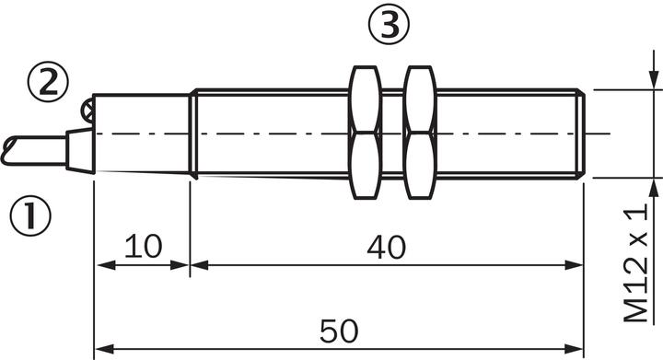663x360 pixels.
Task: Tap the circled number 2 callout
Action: (46, 83)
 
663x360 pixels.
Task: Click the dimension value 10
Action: (142, 245)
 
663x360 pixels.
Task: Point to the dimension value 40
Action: (386, 245)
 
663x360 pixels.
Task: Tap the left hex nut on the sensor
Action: (365, 134)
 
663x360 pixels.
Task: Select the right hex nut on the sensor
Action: (420, 134)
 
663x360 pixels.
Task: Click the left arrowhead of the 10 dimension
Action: (103, 265)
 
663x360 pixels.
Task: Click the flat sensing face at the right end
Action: (583, 134)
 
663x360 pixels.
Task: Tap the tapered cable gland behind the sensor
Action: (80, 151)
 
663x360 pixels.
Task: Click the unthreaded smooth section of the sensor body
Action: (142, 134)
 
